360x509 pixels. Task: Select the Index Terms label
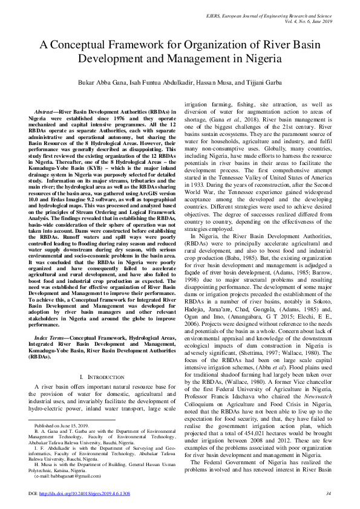tap(51, 321)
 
